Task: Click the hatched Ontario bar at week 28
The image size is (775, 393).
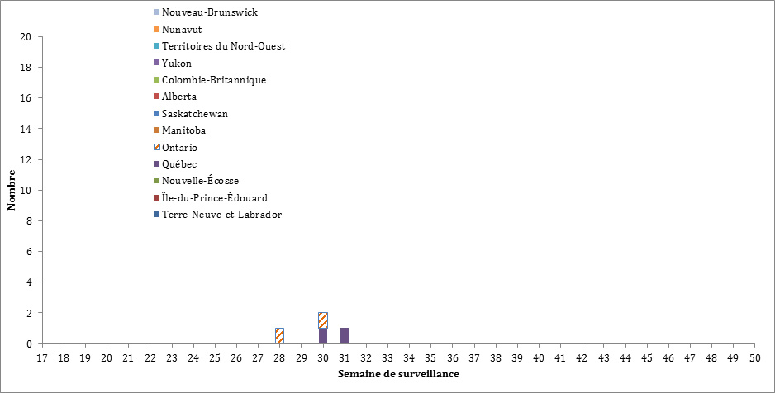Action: point(279,336)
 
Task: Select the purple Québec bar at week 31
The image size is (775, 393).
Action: point(345,336)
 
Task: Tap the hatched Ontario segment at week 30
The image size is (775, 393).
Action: point(323,320)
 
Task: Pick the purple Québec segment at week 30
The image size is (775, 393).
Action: point(323,336)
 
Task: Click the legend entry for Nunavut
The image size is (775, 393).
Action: point(182,30)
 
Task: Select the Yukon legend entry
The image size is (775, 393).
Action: point(177,64)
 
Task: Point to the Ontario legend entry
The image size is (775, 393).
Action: point(179,148)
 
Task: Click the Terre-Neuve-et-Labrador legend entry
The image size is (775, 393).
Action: point(221,215)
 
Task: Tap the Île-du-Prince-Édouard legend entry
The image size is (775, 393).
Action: point(214,198)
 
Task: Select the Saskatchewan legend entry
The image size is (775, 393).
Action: point(194,114)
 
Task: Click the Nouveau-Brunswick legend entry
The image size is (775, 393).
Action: point(210,12)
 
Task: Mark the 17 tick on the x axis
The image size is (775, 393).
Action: point(41,357)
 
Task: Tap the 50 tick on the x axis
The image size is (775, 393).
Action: point(754,357)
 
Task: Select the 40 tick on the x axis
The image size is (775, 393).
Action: point(538,357)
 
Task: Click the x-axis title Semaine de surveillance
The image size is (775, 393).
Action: point(398,374)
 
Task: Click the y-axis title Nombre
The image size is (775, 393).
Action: point(12,191)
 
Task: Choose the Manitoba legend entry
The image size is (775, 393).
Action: point(183,130)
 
